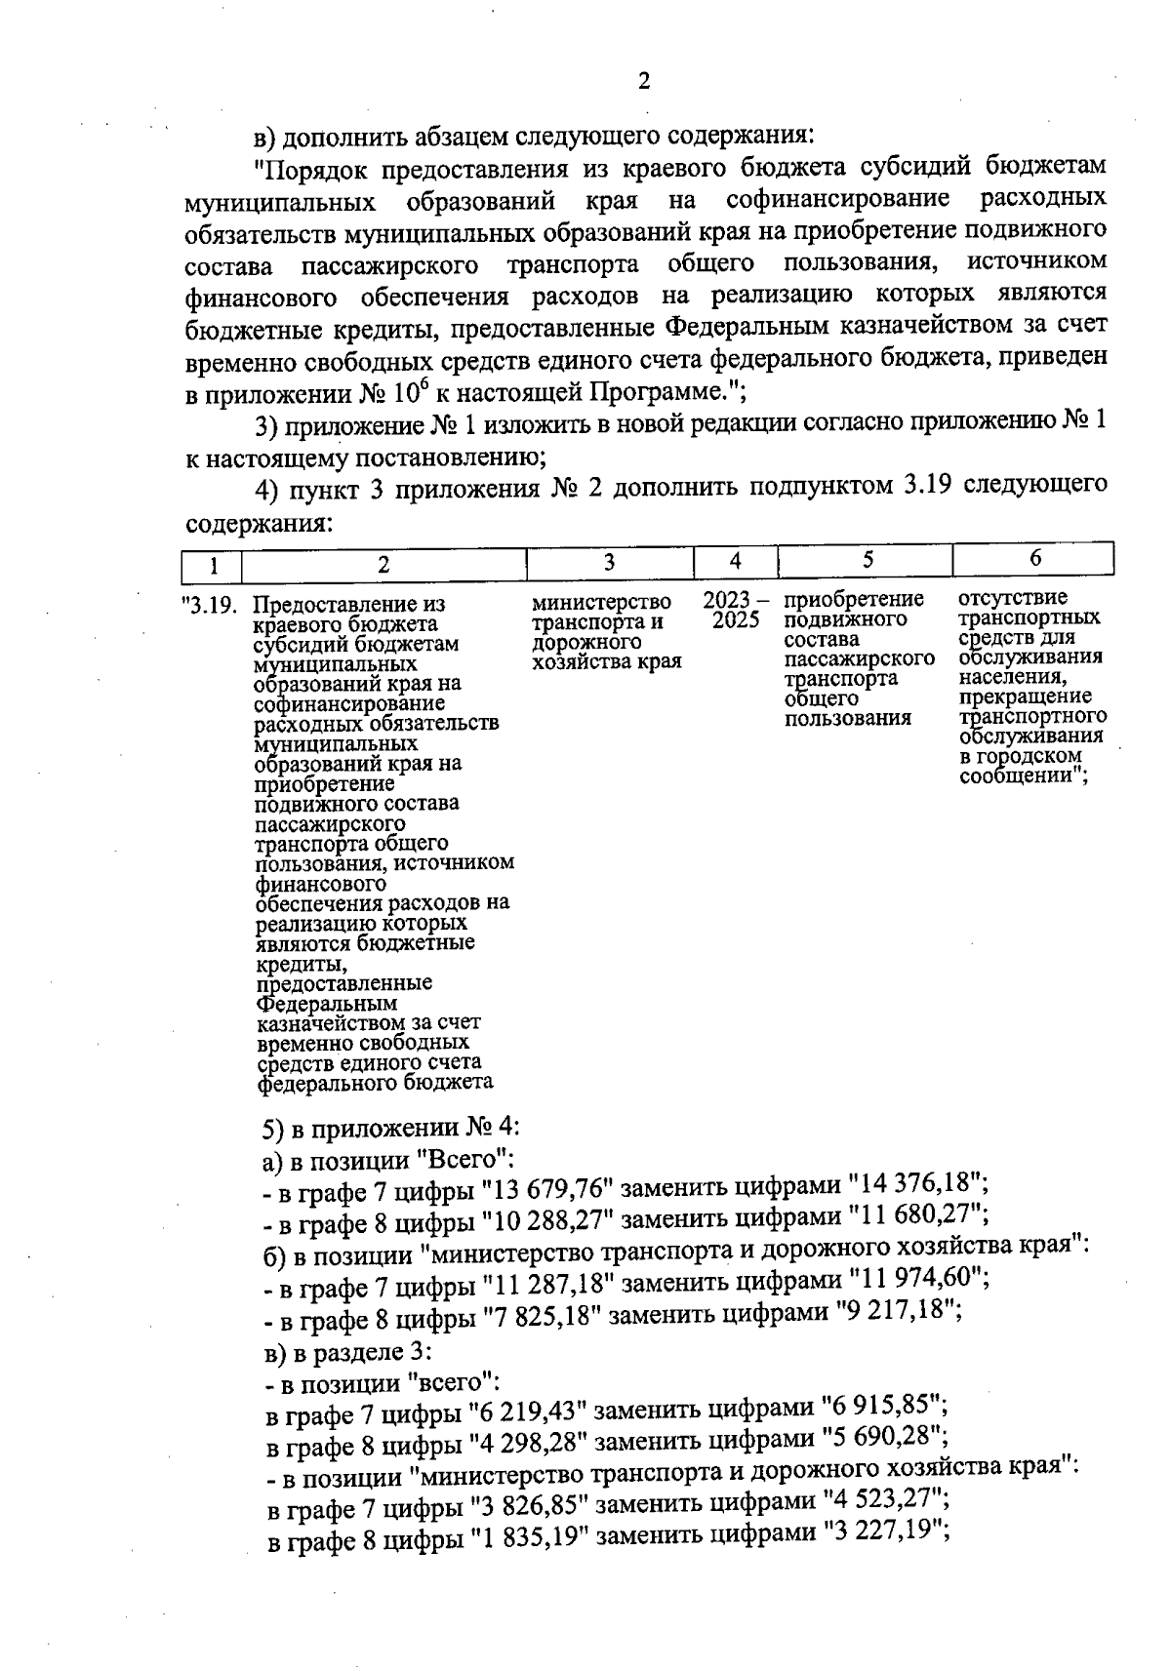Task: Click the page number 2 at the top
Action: [x=643, y=82]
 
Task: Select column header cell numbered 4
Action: [x=735, y=560]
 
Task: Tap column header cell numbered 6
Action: [x=1034, y=558]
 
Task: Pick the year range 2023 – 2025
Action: [x=735, y=610]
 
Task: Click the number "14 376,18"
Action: [x=917, y=1184]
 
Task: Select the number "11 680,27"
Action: [x=918, y=1216]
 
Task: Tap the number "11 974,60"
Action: [x=918, y=1279]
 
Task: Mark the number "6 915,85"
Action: [x=883, y=1408]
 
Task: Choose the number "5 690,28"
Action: [x=883, y=1439]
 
